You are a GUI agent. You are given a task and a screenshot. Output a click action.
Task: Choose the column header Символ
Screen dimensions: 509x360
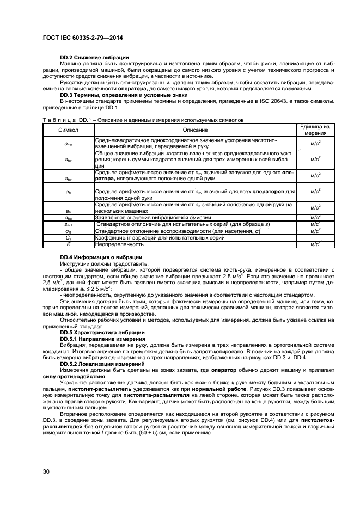pos(69,130)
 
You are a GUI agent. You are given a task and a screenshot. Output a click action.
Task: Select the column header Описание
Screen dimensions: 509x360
pos(194,130)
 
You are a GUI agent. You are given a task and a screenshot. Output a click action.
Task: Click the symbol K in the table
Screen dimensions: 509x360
pos(69,244)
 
